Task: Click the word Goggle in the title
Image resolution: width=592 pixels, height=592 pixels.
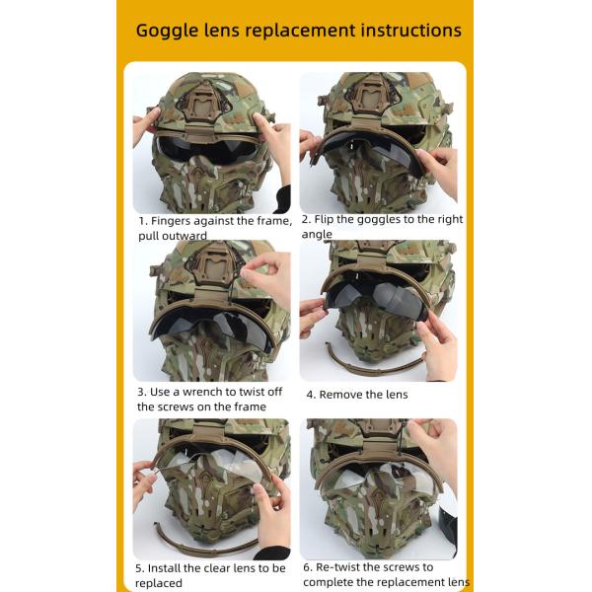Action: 167,31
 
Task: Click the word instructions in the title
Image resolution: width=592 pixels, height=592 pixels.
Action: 406,31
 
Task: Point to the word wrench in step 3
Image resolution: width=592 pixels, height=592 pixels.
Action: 194,391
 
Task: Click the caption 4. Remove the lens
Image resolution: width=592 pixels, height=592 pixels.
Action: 356,395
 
